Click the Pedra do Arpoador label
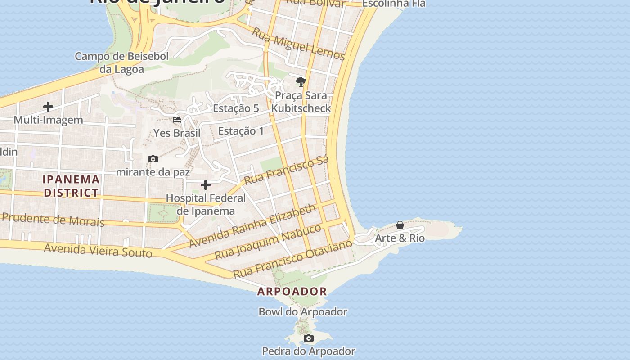(x=309, y=351)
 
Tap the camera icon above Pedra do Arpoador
(x=308, y=338)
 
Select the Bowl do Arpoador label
(x=303, y=311)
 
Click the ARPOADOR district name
(x=292, y=291)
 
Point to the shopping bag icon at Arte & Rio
(x=400, y=225)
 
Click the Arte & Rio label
(x=400, y=238)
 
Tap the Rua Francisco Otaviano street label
(x=292, y=259)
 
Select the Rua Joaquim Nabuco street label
(x=268, y=242)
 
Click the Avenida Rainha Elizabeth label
(x=252, y=226)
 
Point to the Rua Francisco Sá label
(x=287, y=170)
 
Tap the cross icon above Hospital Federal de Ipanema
(x=206, y=185)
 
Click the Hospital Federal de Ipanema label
(x=206, y=204)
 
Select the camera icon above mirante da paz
(x=153, y=159)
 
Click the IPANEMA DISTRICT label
(x=71, y=186)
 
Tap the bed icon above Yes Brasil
(x=177, y=120)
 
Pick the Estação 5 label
(x=236, y=108)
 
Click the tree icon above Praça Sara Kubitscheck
(x=301, y=82)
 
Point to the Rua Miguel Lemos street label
(x=298, y=44)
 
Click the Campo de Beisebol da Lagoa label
(x=121, y=63)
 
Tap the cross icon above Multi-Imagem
(x=48, y=107)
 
